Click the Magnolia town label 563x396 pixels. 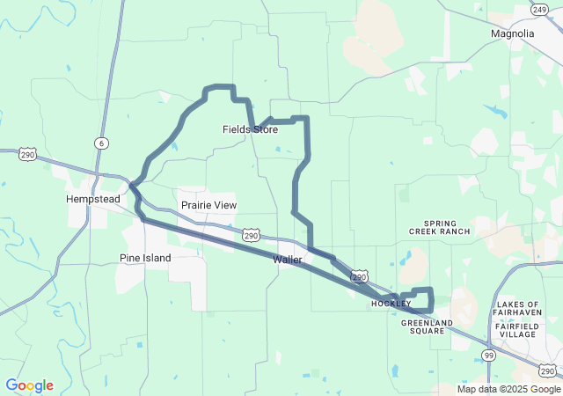coord(513,33)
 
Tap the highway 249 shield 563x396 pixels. coord(539,9)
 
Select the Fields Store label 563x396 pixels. coord(250,129)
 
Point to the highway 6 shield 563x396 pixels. coord(103,143)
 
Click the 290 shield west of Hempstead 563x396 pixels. coord(28,154)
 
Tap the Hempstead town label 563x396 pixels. coord(92,199)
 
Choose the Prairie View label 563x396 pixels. coord(208,205)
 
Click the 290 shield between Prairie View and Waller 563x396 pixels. coord(252,236)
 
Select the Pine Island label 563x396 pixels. coord(145,258)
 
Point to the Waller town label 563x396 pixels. coord(288,260)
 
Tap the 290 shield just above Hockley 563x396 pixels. coord(359,276)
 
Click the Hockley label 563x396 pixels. coord(391,304)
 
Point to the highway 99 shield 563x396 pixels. coord(488,354)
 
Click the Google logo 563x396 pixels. coord(29,385)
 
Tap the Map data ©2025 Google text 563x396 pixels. coord(508,389)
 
